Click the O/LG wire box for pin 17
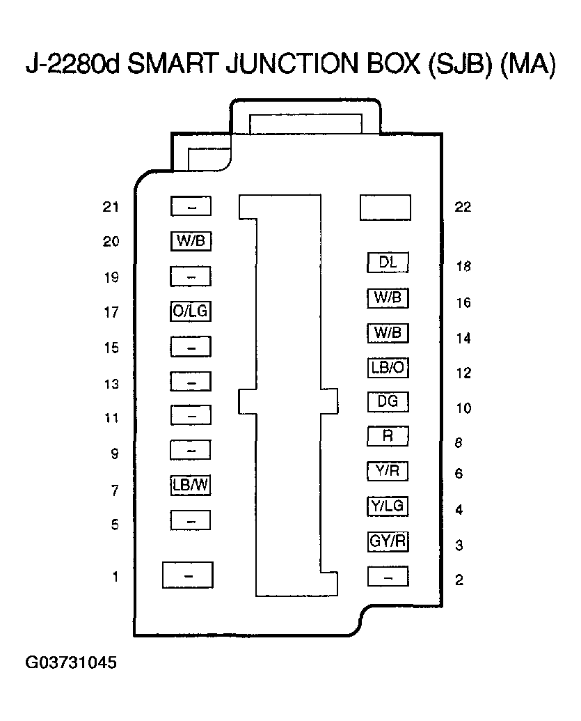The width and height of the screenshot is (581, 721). tap(190, 311)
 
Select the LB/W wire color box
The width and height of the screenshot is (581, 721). tap(190, 486)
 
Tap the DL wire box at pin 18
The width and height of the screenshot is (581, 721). tap(388, 263)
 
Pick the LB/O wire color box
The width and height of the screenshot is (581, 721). tap(388, 367)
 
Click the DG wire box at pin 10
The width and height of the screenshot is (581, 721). tap(388, 402)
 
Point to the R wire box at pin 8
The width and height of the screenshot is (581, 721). tap(388, 437)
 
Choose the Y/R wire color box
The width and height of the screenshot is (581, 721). tap(388, 472)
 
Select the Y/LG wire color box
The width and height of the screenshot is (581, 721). tap(388, 506)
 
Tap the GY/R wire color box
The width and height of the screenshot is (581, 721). tap(388, 541)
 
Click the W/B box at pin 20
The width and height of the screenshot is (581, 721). tap(190, 241)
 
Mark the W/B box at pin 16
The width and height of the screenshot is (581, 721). tap(388, 298)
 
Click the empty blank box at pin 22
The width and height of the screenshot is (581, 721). tap(385, 208)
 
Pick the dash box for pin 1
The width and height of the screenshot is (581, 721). tap(187, 575)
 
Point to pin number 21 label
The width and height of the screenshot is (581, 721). tap(111, 207)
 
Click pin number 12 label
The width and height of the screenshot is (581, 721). tap(463, 373)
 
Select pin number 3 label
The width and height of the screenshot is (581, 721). tap(459, 545)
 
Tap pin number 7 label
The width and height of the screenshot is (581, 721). tap(115, 491)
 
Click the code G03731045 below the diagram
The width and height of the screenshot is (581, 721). tap(71, 662)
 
